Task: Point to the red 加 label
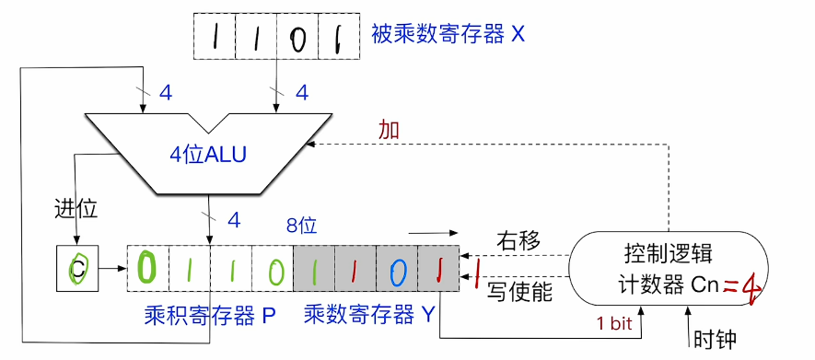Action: coord(390,130)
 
